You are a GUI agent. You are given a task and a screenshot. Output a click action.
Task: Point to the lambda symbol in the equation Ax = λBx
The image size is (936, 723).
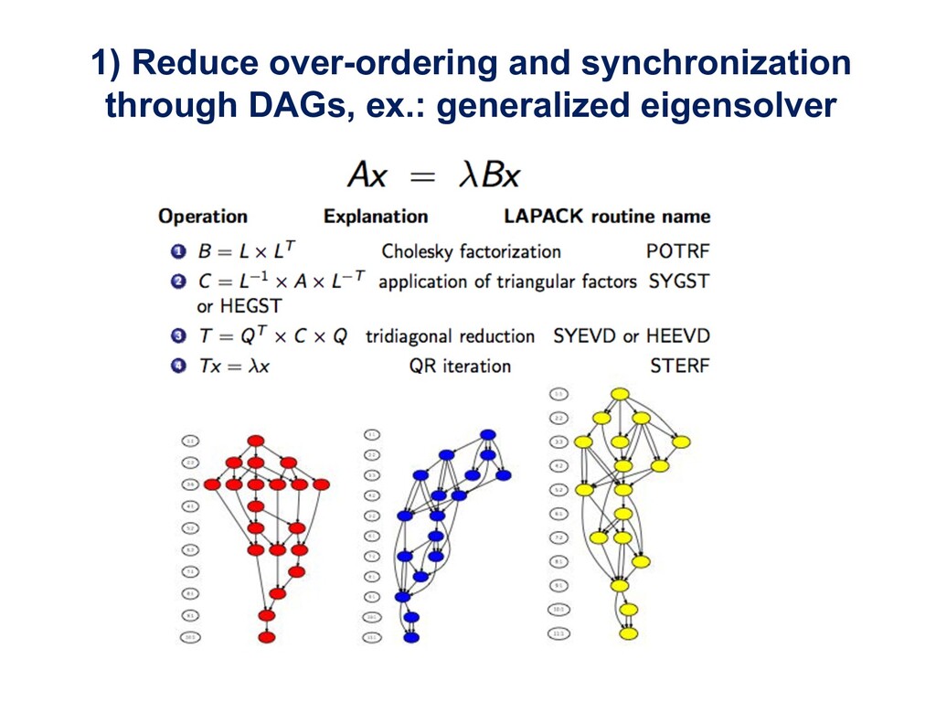tap(468, 175)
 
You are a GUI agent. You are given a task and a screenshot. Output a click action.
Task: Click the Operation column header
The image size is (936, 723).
tap(203, 217)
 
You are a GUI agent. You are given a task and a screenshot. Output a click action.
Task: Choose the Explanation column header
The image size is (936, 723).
tap(376, 217)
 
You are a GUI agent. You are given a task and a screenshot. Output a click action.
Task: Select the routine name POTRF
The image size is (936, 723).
tap(677, 250)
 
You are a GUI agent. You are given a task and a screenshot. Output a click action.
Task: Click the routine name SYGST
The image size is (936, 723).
tap(678, 282)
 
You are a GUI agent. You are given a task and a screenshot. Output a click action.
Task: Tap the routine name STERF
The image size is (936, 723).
tap(679, 367)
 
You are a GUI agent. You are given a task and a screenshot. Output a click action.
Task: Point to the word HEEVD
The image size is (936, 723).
tap(677, 335)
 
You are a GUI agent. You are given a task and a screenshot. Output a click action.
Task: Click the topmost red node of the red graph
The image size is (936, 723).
tap(256, 441)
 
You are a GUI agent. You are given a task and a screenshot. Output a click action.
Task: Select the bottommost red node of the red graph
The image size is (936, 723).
tap(266, 637)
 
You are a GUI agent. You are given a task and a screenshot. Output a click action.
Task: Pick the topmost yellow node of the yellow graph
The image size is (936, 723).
tap(619, 395)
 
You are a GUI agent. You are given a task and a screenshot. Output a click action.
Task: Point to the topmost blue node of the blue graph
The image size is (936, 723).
tap(487, 434)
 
